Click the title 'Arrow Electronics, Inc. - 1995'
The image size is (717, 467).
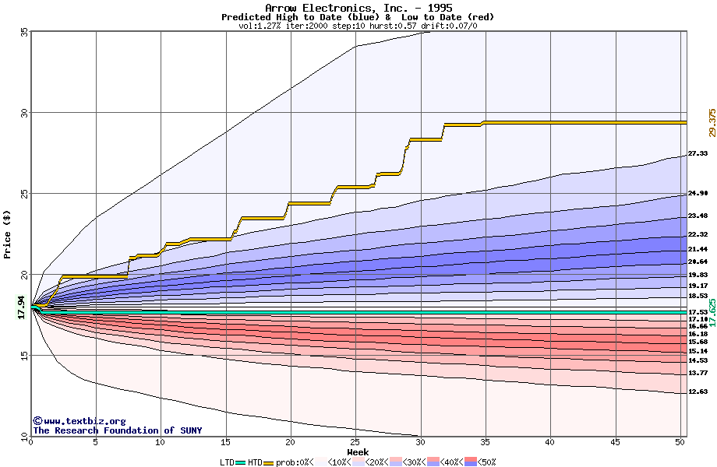[358, 8]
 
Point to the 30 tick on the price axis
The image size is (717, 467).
[24, 112]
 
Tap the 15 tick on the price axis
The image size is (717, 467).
[24, 356]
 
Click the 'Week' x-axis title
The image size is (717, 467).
[358, 452]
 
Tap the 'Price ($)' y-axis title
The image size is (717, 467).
[8, 233]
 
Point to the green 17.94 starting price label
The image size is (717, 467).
[22, 307]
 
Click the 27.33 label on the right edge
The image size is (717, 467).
[698, 153]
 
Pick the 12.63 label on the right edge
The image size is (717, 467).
[698, 392]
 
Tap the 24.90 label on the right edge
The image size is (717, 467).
[698, 193]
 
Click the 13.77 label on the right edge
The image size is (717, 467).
[698, 373]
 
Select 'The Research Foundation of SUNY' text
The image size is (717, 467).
[117, 430]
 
